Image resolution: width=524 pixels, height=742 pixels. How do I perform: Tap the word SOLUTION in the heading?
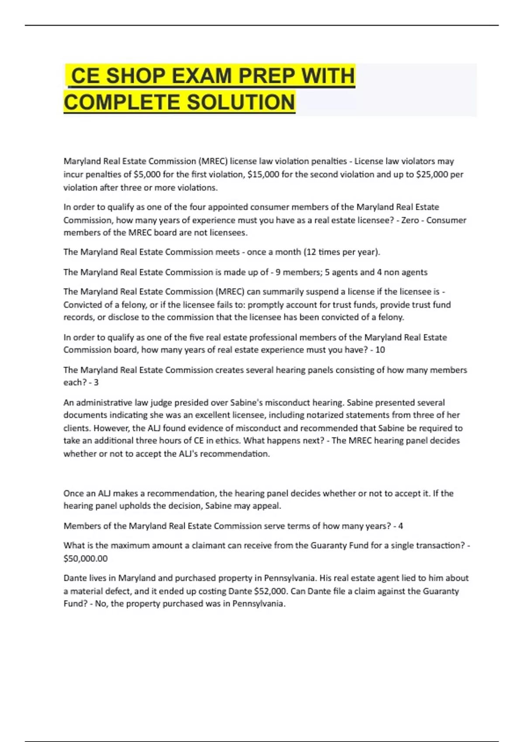click(x=241, y=103)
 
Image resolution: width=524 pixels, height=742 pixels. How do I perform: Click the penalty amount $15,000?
click(x=263, y=175)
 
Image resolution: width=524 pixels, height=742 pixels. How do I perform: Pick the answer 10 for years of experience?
click(x=380, y=350)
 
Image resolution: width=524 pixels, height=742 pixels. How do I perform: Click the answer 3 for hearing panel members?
click(x=96, y=382)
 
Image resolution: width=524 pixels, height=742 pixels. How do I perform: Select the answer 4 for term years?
click(x=400, y=526)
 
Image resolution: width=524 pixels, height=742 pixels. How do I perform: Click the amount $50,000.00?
click(x=86, y=558)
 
